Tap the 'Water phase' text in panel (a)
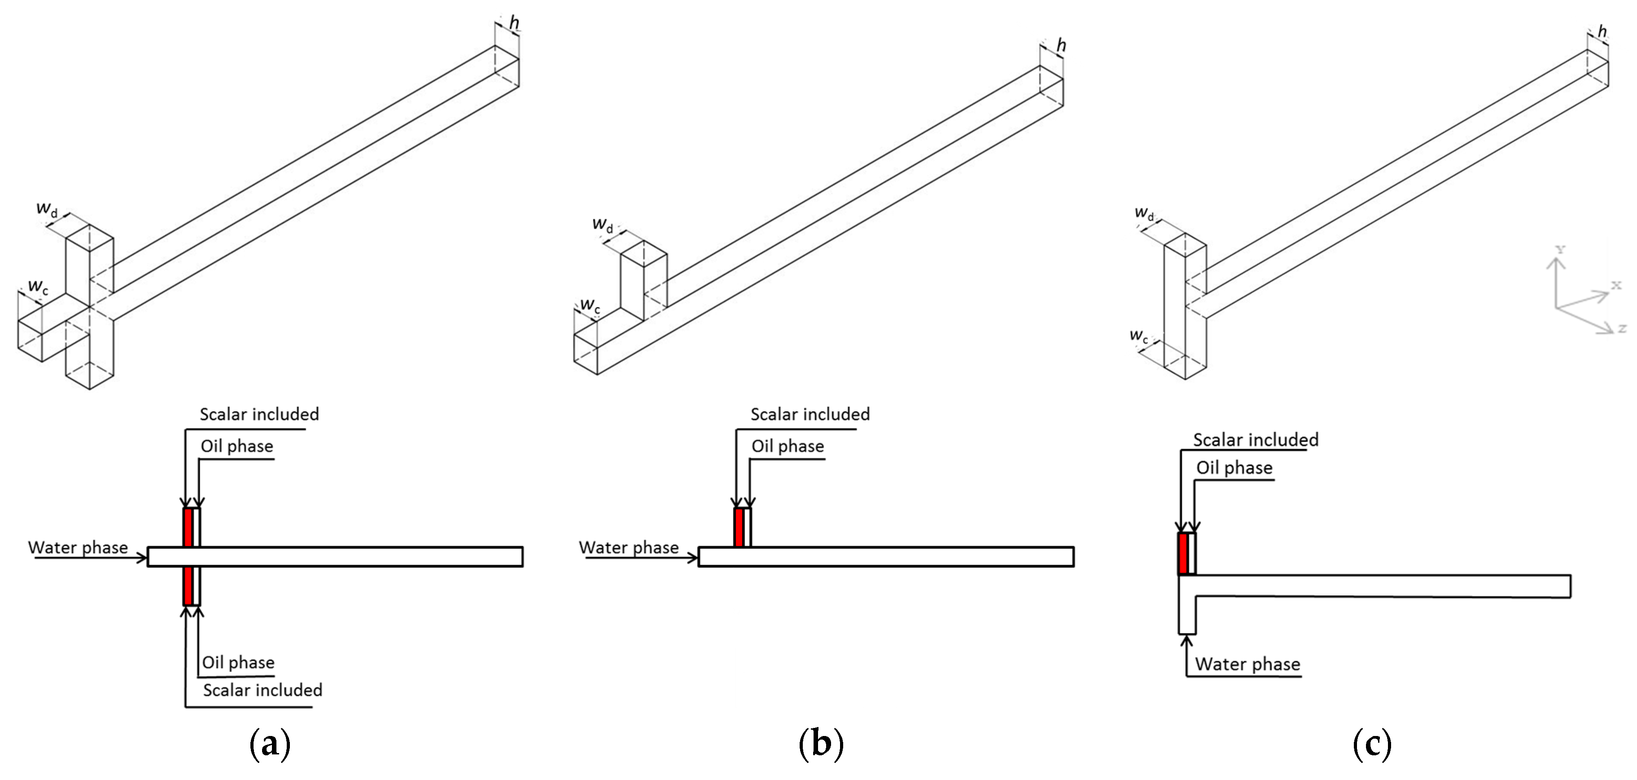78,547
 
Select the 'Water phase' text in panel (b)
629,547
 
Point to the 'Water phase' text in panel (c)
1247,664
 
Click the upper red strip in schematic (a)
188,528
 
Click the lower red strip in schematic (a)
188,586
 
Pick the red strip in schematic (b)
739,528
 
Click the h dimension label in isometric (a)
514,23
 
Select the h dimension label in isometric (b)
1061,45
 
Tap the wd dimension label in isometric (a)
46,208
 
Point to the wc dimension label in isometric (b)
590,306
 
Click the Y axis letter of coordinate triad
1559,249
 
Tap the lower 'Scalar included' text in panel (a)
263,690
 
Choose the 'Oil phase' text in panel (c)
1234,468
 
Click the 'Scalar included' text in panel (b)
810,414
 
